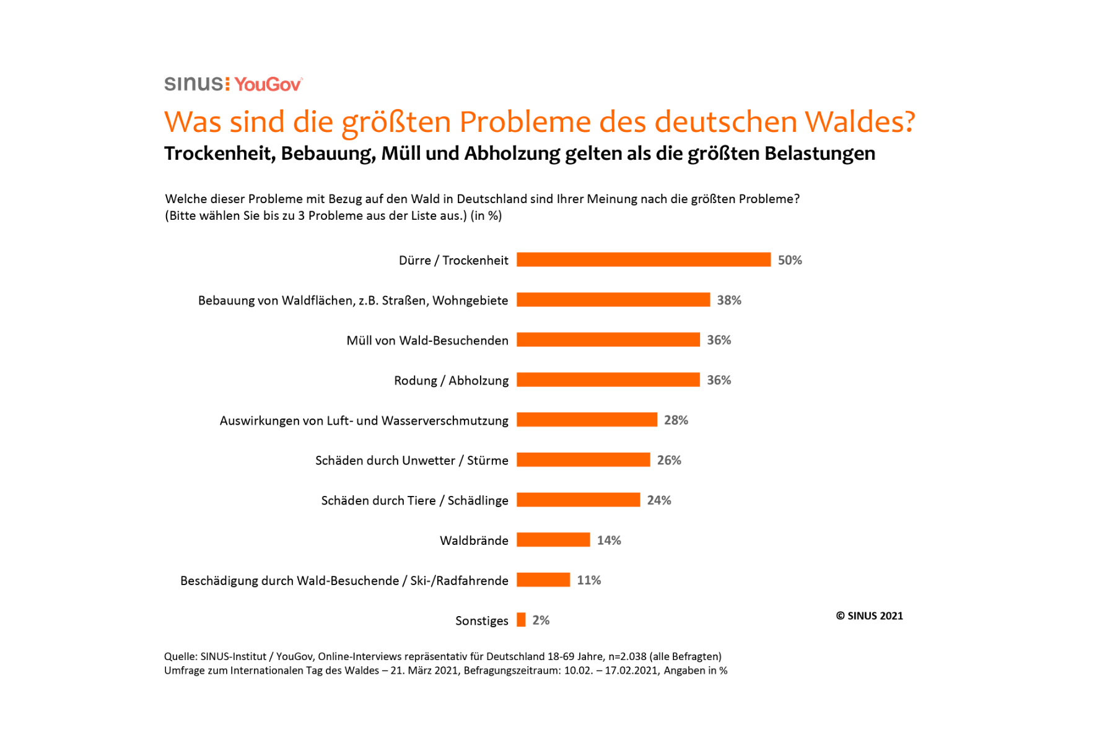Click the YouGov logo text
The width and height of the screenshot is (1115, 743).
268,84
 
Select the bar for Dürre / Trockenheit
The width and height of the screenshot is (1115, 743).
644,259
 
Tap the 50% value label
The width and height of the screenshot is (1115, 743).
790,260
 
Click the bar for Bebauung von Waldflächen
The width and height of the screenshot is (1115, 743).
613,300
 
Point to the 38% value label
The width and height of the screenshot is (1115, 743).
729,300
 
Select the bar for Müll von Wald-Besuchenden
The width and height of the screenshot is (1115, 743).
608,339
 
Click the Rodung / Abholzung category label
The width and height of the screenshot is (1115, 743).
451,380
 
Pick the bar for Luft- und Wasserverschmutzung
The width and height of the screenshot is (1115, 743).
587,420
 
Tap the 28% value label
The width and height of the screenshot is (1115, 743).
676,420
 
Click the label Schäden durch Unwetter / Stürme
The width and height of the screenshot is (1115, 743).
411,460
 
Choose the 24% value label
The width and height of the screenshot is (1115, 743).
659,500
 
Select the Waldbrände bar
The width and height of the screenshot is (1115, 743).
553,540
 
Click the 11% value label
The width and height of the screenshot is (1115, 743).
588,580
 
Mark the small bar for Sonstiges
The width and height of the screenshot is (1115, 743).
521,620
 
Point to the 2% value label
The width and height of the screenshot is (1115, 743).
541,620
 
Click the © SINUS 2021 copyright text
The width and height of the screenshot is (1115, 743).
869,616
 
